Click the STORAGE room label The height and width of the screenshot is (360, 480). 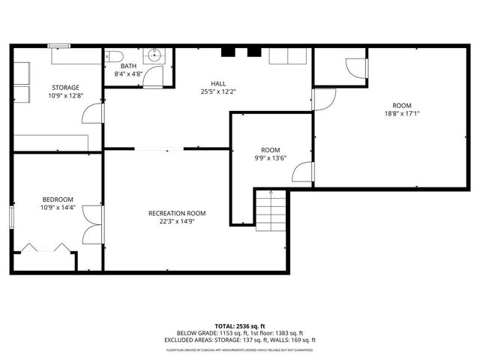[64, 87]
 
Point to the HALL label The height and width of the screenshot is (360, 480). [218, 83]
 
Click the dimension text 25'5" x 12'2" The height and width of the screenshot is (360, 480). [218, 91]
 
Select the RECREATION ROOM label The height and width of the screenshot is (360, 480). [177, 213]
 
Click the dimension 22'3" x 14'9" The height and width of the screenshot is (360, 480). [177, 221]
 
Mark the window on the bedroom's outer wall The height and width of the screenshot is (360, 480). [11, 216]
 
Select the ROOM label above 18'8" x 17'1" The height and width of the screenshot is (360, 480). [402, 105]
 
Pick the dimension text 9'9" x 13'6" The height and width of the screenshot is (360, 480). [270, 157]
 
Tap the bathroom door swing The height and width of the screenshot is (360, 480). [157, 76]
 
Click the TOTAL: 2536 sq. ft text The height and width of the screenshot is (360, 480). [240, 325]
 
